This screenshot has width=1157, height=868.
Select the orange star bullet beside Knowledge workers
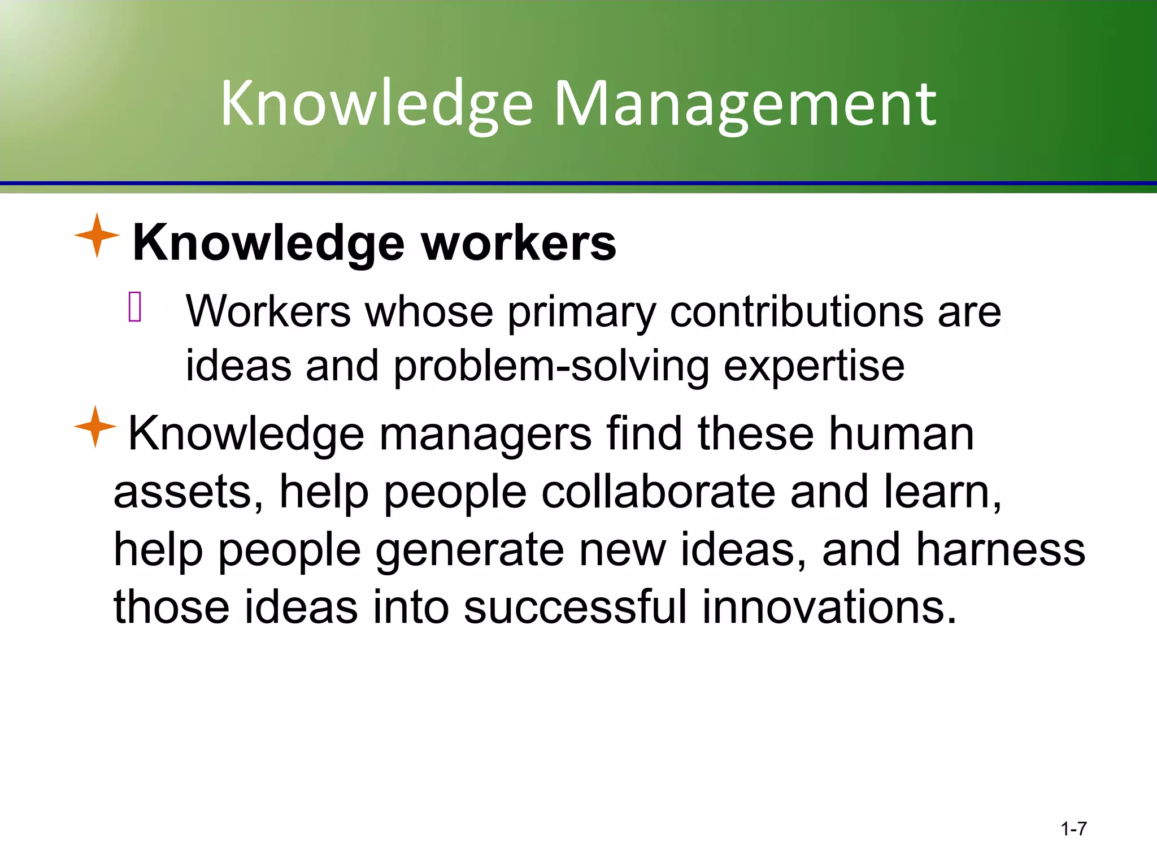[x=97, y=236]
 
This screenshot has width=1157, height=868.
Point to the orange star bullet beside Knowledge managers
[x=95, y=427]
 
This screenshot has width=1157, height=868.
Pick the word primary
[x=581, y=313]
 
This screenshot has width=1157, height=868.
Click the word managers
[x=485, y=434]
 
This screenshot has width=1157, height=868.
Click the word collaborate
[x=658, y=492]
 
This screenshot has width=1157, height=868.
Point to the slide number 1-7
[x=1073, y=829]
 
